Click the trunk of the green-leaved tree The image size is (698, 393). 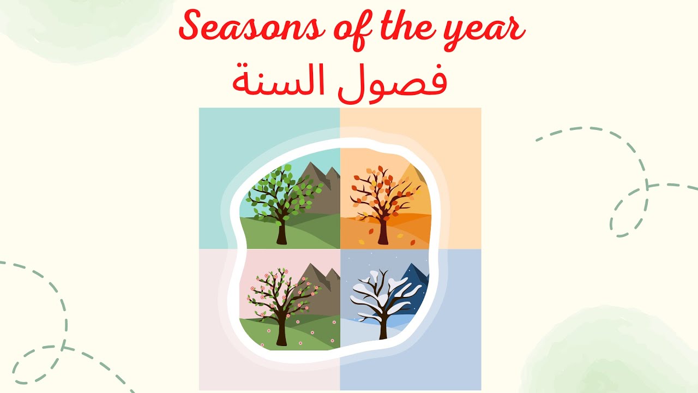[x=281, y=233]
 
